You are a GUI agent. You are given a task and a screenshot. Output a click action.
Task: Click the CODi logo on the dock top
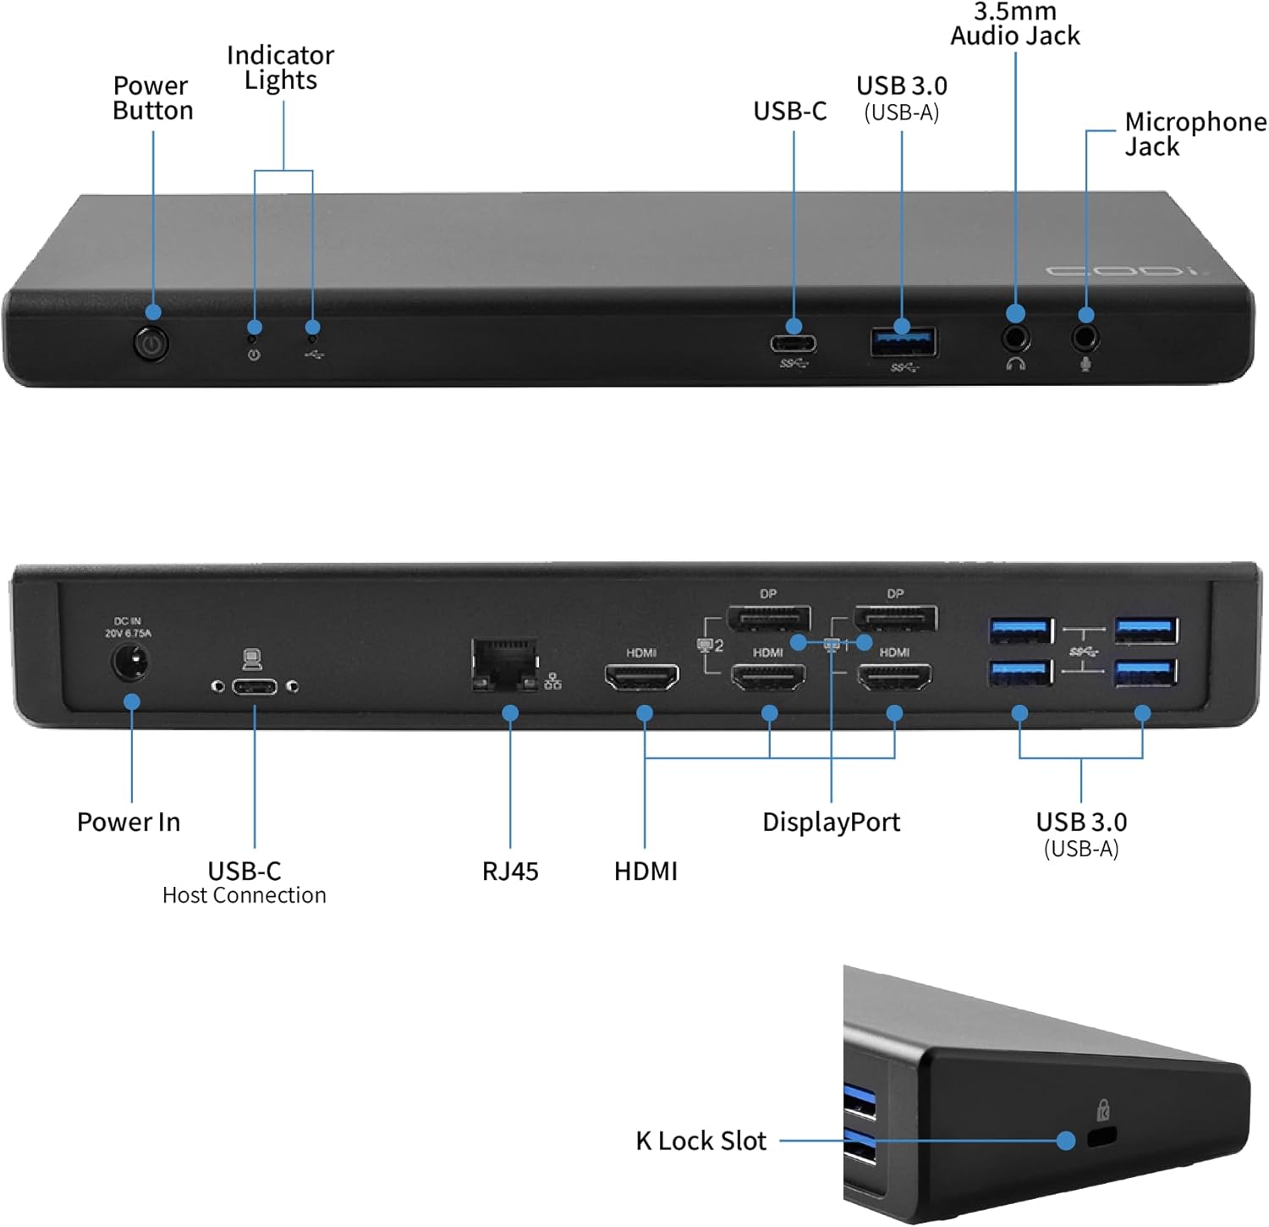click(x=1122, y=272)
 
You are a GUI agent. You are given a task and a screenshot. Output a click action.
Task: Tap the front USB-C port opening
click(x=793, y=344)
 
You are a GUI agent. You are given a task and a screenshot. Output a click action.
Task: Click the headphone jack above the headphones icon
click(x=1015, y=338)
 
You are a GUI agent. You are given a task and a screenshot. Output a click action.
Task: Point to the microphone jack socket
click(x=1085, y=338)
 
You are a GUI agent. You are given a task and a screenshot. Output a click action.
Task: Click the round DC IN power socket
click(x=130, y=662)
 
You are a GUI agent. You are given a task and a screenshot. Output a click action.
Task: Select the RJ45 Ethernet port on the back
click(x=505, y=665)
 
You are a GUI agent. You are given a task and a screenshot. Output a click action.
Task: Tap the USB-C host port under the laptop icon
click(x=255, y=686)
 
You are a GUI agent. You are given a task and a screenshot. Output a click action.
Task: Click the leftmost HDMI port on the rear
click(x=641, y=677)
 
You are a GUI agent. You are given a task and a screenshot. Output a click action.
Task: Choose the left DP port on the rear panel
click(x=769, y=619)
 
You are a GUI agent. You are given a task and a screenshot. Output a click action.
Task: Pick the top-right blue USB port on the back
click(x=1145, y=630)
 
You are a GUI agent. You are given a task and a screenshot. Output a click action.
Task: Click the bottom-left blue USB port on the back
click(x=1020, y=673)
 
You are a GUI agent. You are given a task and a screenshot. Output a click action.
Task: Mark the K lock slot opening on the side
click(x=1101, y=1137)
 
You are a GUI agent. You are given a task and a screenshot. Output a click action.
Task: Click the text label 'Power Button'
click(x=152, y=98)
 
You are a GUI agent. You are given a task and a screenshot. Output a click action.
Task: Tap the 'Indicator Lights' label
click(x=280, y=68)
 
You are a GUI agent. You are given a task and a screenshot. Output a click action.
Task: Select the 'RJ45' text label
click(x=510, y=871)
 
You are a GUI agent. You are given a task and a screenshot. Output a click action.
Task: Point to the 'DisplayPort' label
click(x=831, y=822)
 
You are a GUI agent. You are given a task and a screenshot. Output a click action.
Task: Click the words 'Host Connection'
click(x=244, y=895)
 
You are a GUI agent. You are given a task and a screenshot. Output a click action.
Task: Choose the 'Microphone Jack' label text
click(x=1193, y=134)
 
